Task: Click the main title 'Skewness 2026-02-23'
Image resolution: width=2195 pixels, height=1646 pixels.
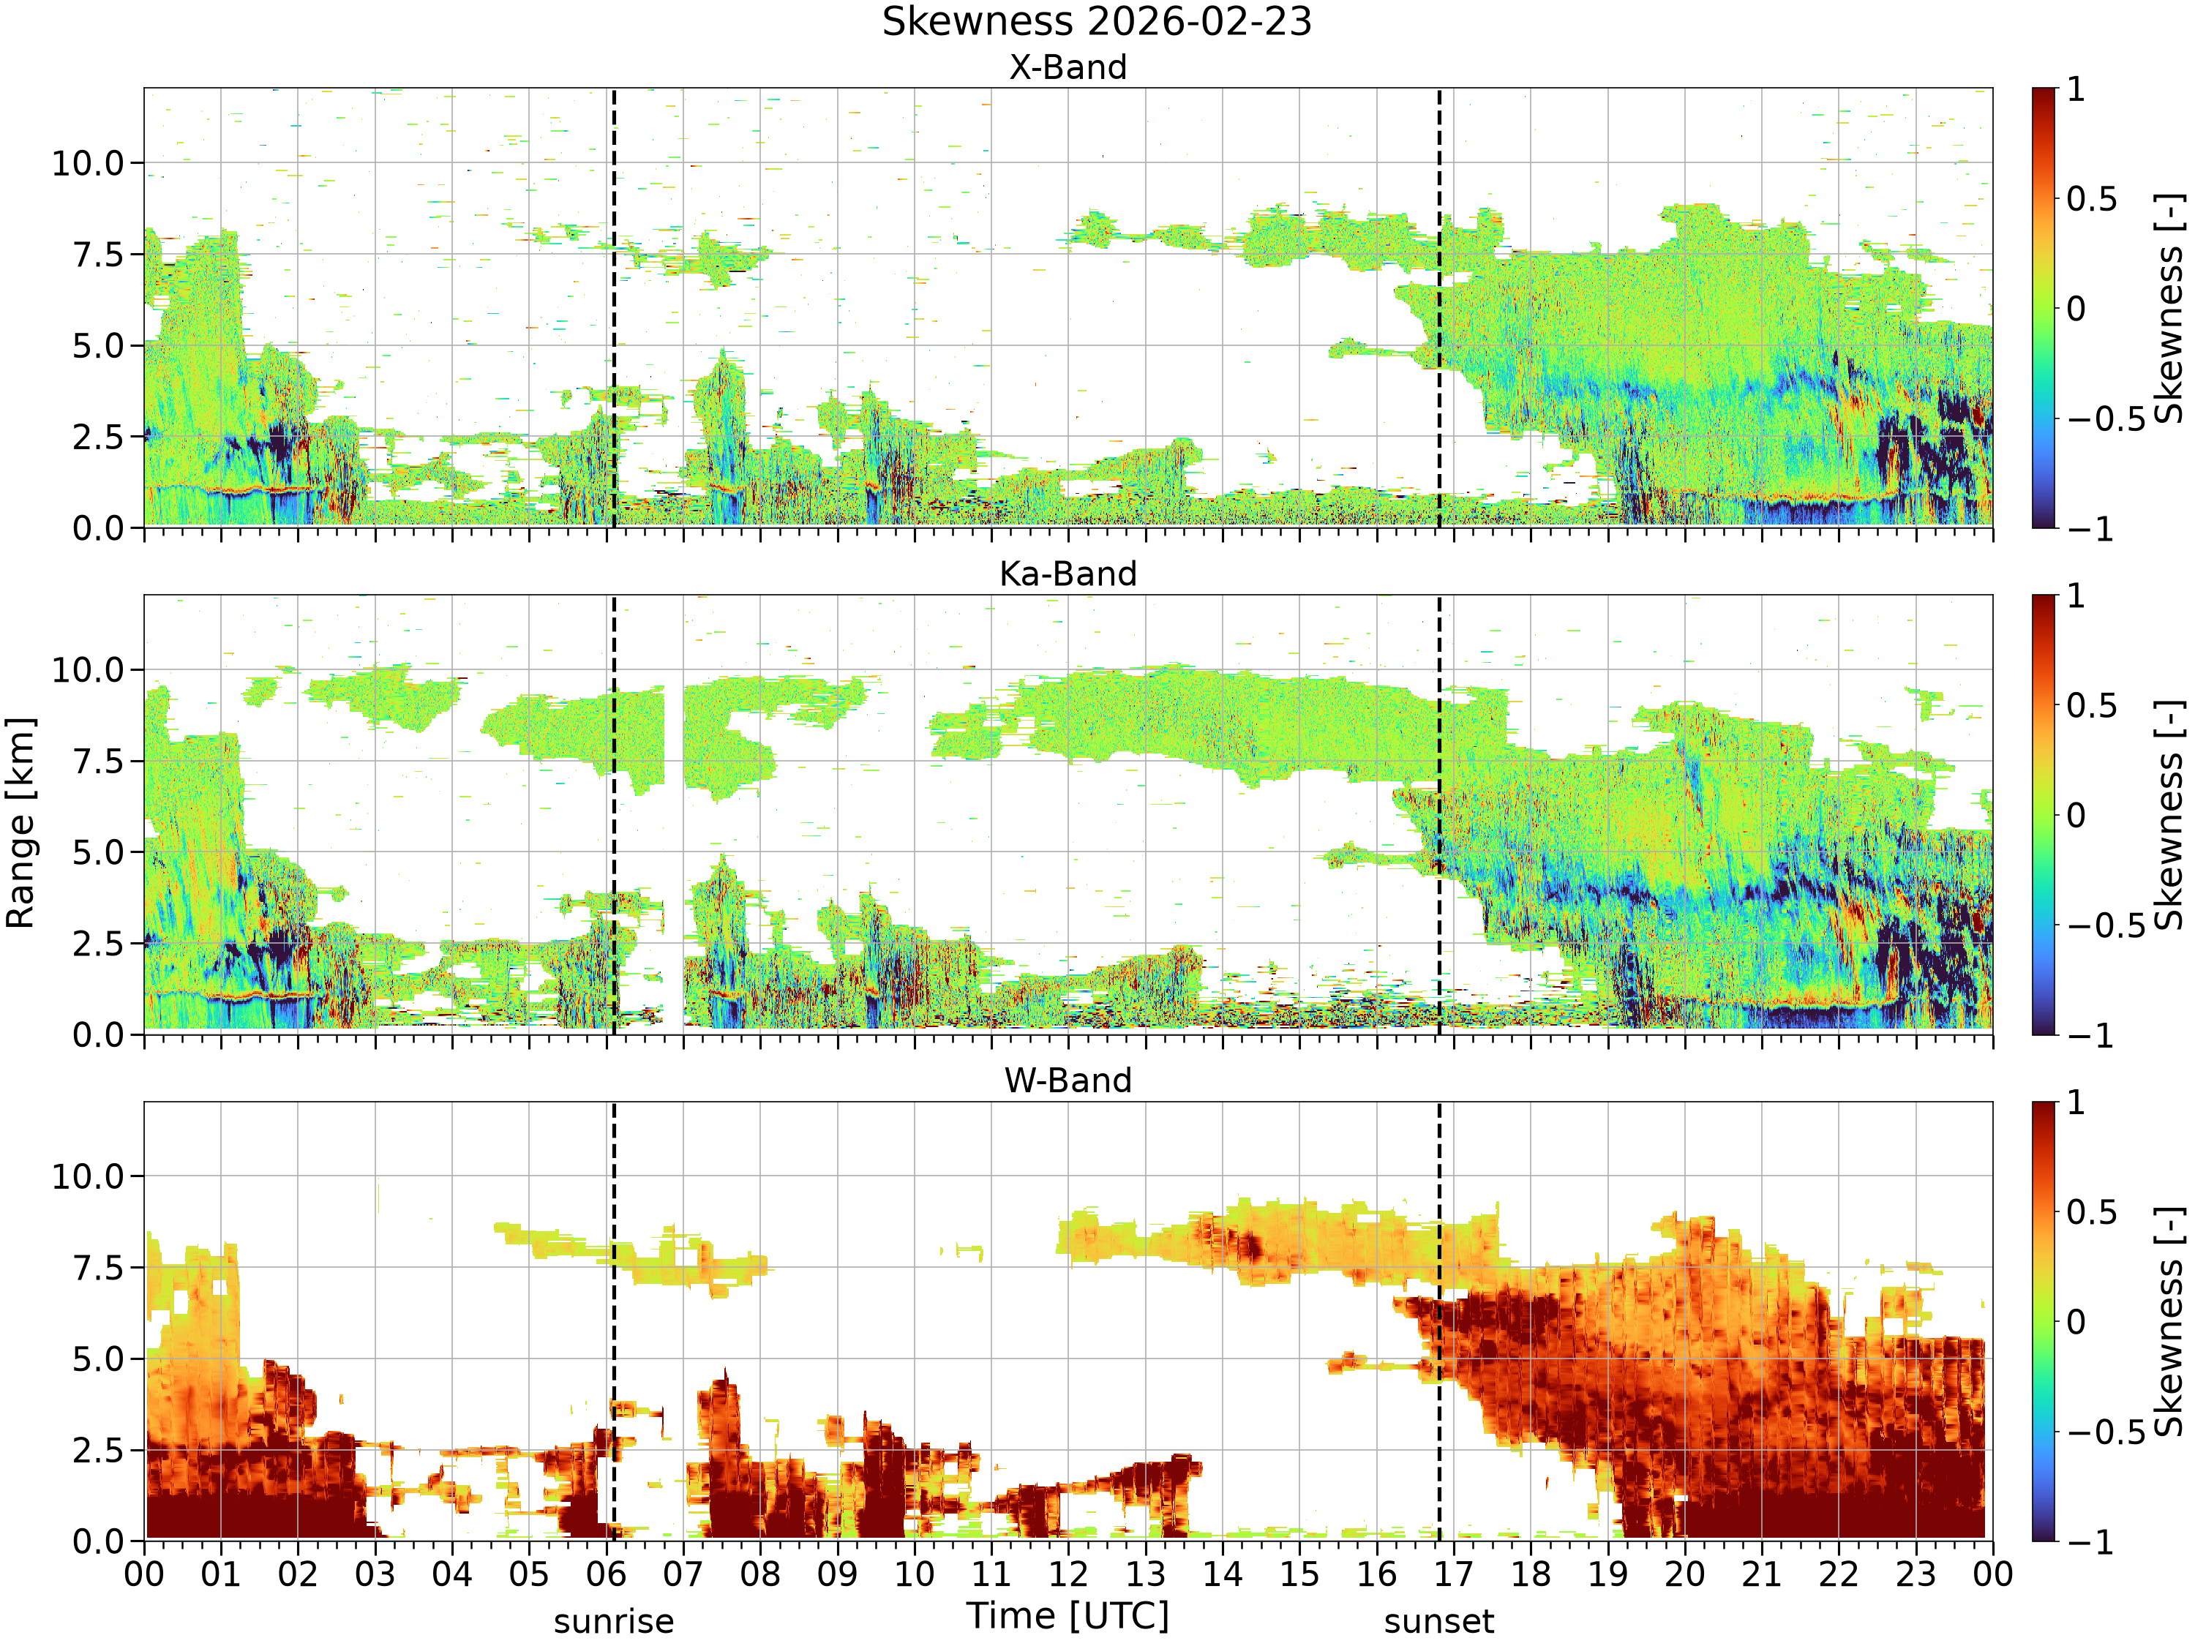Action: (1097, 22)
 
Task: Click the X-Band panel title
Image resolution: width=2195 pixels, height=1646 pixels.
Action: (1068, 67)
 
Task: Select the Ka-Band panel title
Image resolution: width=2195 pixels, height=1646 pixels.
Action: (1068, 574)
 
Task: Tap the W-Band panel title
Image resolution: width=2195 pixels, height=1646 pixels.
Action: (1068, 1081)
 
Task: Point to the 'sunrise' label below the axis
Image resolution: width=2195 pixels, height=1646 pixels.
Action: (613, 1622)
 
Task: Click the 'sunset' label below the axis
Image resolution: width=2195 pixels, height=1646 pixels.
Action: (1439, 1622)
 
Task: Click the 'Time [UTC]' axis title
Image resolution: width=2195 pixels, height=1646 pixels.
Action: (1068, 1616)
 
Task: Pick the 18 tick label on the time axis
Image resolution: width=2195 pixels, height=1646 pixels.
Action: (1530, 1574)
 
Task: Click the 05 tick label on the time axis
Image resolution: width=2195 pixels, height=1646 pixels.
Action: (529, 1574)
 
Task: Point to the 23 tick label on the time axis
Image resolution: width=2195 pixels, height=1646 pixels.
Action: (1916, 1574)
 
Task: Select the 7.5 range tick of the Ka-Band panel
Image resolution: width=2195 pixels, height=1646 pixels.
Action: (100, 761)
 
